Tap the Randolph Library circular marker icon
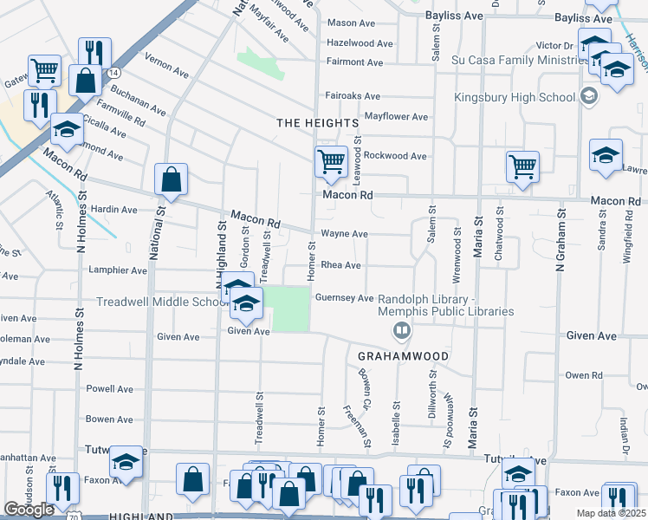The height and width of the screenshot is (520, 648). click(401, 329)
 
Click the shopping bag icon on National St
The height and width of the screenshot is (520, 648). click(172, 180)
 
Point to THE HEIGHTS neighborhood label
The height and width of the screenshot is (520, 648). click(317, 124)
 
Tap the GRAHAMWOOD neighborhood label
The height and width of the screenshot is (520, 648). click(404, 356)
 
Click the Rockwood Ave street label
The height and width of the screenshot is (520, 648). click(394, 156)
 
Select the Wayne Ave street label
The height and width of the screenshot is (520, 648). click(344, 234)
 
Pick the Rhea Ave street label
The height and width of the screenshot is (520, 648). click(340, 265)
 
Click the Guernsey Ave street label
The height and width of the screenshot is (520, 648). click(347, 298)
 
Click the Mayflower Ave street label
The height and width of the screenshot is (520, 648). click(396, 116)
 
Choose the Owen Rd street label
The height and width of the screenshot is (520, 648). click(583, 375)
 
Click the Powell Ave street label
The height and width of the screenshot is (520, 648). click(108, 389)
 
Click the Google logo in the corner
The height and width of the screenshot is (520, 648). click(29, 510)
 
